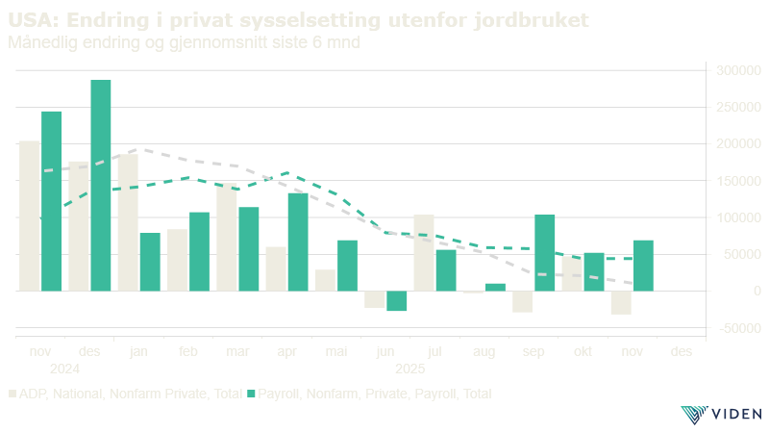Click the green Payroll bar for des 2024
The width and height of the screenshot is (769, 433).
point(101,185)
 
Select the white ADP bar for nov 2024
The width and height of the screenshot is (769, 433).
point(30,216)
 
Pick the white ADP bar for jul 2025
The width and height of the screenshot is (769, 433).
point(423,252)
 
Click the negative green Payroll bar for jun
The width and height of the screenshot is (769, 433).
point(397,301)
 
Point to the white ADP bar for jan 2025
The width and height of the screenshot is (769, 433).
point(128,222)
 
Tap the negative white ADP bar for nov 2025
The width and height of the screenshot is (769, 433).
point(620,302)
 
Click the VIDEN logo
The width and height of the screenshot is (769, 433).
point(721,415)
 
